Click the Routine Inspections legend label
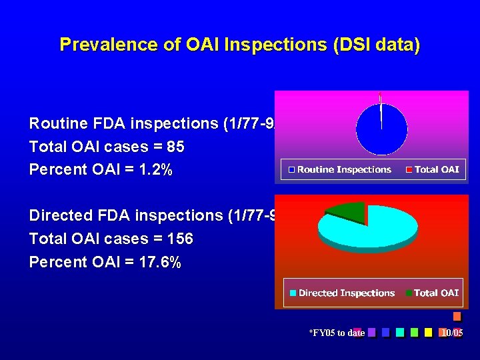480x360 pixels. point(343,169)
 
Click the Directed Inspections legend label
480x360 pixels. point(346,293)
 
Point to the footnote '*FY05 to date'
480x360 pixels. point(337,333)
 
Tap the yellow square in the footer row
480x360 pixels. point(429,332)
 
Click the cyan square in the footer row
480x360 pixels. point(399,332)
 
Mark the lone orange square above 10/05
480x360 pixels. point(457,317)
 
